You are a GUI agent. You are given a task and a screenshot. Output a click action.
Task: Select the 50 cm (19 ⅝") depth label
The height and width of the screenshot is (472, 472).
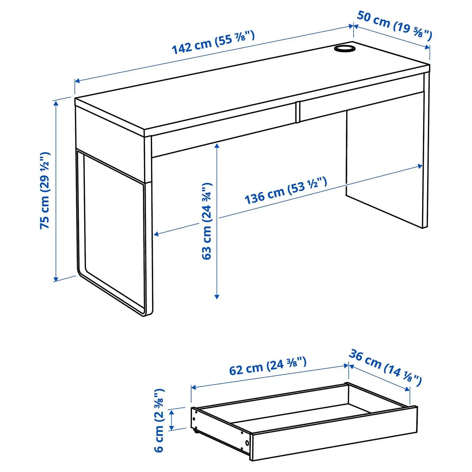394,25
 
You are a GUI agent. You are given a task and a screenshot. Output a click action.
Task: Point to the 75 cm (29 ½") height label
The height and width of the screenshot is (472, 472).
45,190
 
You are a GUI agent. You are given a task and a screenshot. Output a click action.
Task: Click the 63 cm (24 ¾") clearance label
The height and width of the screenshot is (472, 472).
207,221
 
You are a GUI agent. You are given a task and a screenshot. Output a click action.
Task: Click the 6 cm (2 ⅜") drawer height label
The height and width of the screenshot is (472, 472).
159,420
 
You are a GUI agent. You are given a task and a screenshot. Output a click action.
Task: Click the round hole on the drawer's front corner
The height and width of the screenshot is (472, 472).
247,442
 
